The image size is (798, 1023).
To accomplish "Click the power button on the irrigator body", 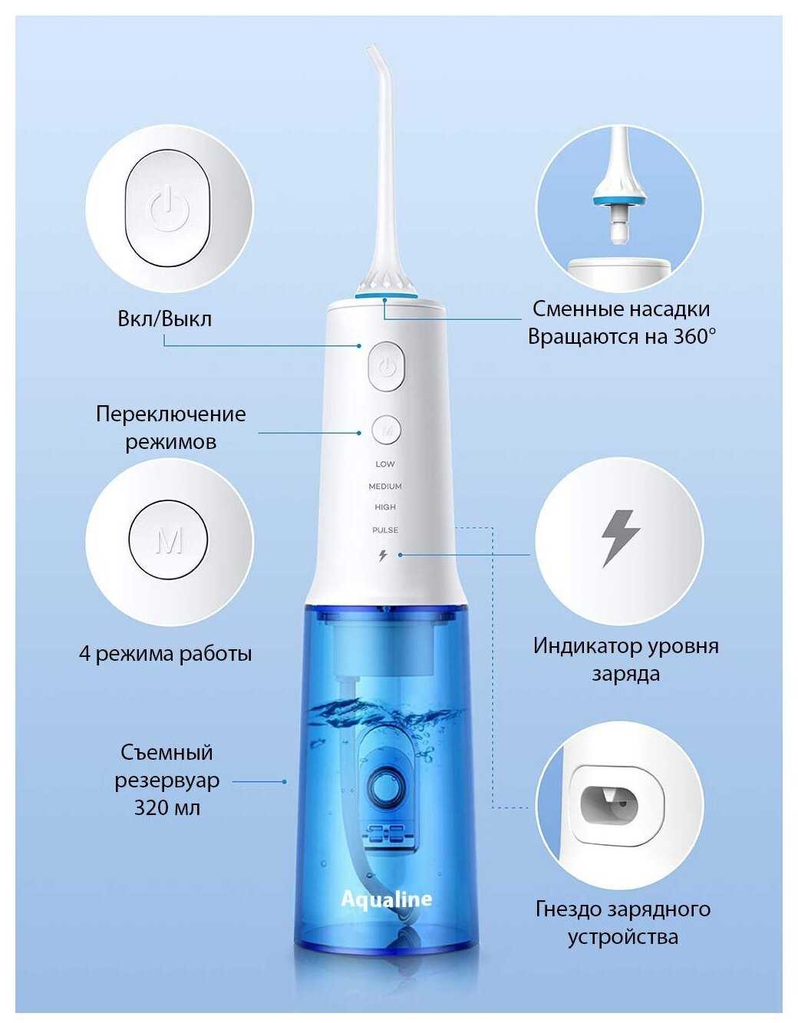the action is pos(386,366).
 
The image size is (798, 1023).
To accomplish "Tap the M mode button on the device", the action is pos(386,429).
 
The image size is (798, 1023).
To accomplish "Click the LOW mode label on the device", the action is pos(385,464).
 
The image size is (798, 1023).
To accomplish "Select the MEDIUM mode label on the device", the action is pos(385,486).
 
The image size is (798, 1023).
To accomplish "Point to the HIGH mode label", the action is pos(385,507).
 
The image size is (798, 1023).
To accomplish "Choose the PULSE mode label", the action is pos(385,530).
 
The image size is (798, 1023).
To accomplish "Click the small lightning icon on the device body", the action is pos(383,556).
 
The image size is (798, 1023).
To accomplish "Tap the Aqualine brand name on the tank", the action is pos(386,899).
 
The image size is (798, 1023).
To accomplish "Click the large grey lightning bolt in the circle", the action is pos(621,539).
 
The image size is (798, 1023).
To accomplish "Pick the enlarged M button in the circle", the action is pos(169,540).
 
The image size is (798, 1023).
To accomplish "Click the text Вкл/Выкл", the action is pos(165,318).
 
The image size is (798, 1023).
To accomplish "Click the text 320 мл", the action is pos(167,808).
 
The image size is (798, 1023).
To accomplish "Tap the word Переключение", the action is pos(171,414).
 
